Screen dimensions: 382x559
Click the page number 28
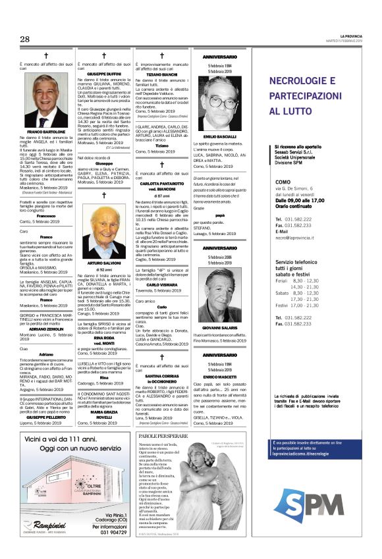(x=25, y=39)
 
